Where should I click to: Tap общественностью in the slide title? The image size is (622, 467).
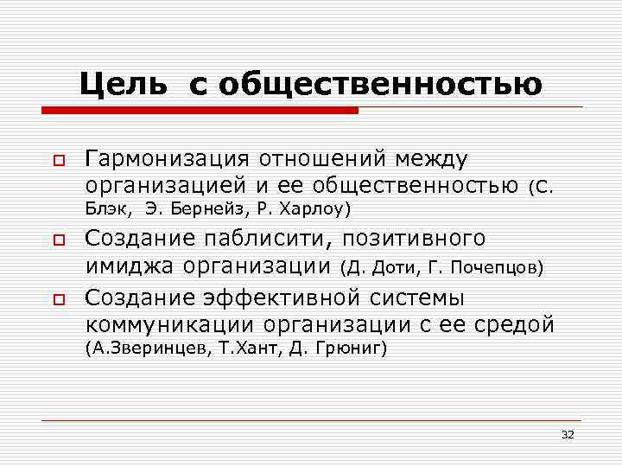[x=379, y=84]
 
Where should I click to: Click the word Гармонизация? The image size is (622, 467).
[x=166, y=159]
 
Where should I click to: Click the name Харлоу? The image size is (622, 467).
[x=308, y=209]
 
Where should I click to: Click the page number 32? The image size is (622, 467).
[x=567, y=433]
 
